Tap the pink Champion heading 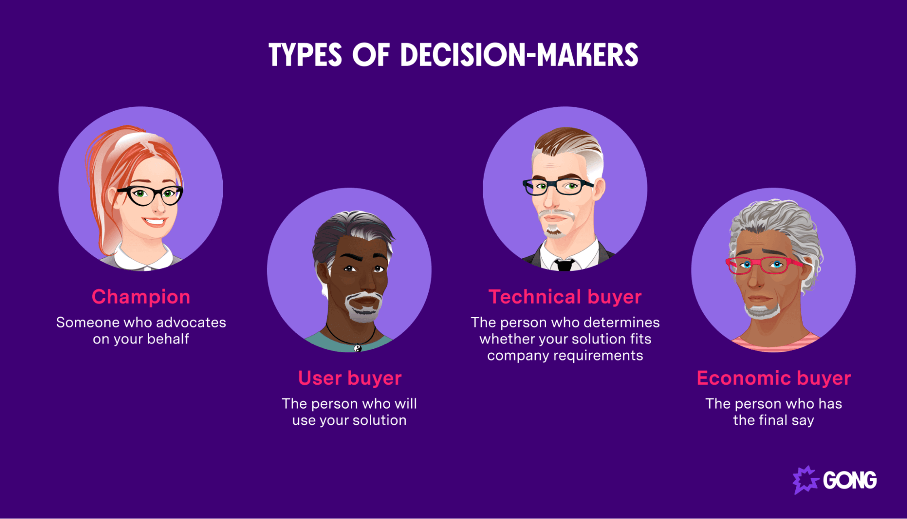141,297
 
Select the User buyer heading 349,378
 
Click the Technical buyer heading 565,297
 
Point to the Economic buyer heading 774,378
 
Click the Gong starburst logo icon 805,480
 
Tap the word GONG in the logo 850,480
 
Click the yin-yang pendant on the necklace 358,348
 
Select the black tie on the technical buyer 564,265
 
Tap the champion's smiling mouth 155,222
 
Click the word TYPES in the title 305,55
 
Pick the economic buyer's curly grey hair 776,218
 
